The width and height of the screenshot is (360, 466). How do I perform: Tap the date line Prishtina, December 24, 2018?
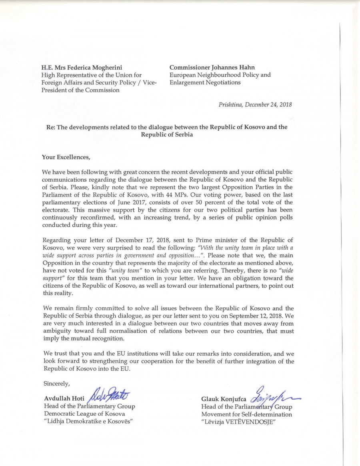pos(255,105)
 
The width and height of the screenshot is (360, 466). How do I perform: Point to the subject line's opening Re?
pos(50,127)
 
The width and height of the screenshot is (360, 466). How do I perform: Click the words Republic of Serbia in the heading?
pos(167,135)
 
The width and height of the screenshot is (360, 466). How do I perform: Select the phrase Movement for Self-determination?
pos(246,414)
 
